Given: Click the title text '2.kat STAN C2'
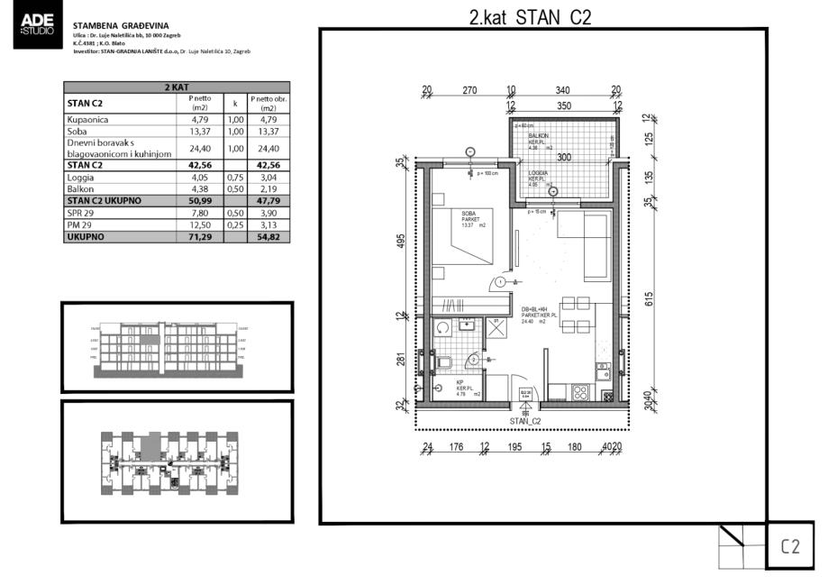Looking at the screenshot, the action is tap(530, 17).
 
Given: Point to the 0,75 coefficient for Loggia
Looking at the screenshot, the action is tap(235, 178).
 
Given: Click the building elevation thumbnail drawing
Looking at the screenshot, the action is tap(177, 346).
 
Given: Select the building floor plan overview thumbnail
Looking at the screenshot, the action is tap(177, 462).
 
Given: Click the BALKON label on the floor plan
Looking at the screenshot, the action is tap(538, 136).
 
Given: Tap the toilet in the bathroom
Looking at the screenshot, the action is tap(443, 366).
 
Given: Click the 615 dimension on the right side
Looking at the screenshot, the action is tap(648, 299).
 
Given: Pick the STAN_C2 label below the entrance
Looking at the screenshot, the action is tap(524, 421).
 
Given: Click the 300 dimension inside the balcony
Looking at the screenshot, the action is tap(564, 157).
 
